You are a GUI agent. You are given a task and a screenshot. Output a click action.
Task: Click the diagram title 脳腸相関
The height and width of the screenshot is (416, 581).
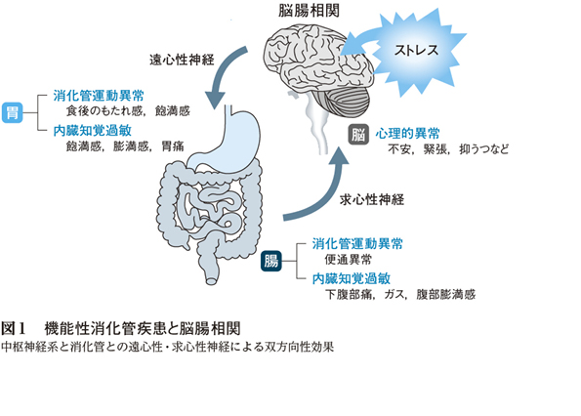pyautogui.click(x=309, y=11)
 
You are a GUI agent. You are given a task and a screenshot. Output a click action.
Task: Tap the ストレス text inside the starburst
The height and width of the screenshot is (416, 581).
pyautogui.click(x=416, y=50)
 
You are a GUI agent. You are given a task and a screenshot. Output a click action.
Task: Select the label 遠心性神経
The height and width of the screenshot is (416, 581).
pyautogui.click(x=182, y=60)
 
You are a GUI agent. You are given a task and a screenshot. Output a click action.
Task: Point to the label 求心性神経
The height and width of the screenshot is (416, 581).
pyautogui.click(x=372, y=200)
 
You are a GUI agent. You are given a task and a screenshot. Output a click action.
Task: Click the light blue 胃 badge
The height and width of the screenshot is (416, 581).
pyautogui.click(x=13, y=112)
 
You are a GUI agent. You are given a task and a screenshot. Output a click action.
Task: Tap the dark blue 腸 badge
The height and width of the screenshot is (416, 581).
pyautogui.click(x=271, y=261)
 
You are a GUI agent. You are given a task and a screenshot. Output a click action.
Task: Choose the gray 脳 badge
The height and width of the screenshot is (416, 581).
pyautogui.click(x=358, y=134)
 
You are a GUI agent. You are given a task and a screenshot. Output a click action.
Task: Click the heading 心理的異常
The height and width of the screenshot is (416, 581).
pyautogui.click(x=407, y=134)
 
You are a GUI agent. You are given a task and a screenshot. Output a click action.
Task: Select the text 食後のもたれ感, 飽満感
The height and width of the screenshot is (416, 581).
pyautogui.click(x=128, y=110)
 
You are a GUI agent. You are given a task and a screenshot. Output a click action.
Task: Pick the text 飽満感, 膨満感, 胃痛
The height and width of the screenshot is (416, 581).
pyautogui.click(x=125, y=146)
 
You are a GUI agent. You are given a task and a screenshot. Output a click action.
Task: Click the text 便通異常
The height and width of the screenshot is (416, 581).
pyautogui.click(x=348, y=260)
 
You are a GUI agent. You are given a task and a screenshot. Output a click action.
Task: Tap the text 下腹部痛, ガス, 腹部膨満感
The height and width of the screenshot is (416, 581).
pyautogui.click(x=400, y=295)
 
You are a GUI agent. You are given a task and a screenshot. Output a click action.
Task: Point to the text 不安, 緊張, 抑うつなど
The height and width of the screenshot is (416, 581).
pyautogui.click(x=448, y=149)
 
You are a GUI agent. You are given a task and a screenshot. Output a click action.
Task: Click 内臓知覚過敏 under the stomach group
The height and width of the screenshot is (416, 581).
pyautogui.click(x=92, y=131)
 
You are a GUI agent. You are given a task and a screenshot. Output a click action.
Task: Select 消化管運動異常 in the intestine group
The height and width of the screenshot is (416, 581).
pyautogui.click(x=357, y=244)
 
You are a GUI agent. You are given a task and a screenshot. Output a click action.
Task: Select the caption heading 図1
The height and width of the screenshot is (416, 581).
pyautogui.click(x=13, y=328)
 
